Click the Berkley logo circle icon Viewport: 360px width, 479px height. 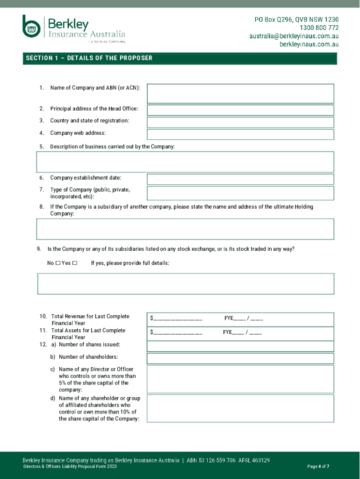(32, 27)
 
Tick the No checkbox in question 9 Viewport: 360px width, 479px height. (58, 263)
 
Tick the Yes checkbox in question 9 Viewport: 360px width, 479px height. (75, 263)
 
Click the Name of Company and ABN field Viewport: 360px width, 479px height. (240, 94)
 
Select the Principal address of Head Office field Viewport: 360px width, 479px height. (240, 110)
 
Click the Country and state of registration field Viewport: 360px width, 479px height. (240, 122)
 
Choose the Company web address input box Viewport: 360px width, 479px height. (240, 134)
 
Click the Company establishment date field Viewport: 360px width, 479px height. (240, 179)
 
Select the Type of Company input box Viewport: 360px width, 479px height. (240, 193)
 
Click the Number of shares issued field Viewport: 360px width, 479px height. (240, 346)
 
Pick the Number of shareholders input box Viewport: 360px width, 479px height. (240, 358)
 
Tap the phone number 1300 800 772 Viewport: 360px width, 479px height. (316, 28)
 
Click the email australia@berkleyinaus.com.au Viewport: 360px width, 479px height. (294, 36)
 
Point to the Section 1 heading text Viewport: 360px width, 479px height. (89, 58)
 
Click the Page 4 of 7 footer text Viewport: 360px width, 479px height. (318, 466)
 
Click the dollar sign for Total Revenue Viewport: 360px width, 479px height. (152, 319)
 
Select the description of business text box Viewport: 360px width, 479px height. (185, 162)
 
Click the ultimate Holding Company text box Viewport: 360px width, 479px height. (185, 229)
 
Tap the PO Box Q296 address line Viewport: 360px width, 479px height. (296, 20)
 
